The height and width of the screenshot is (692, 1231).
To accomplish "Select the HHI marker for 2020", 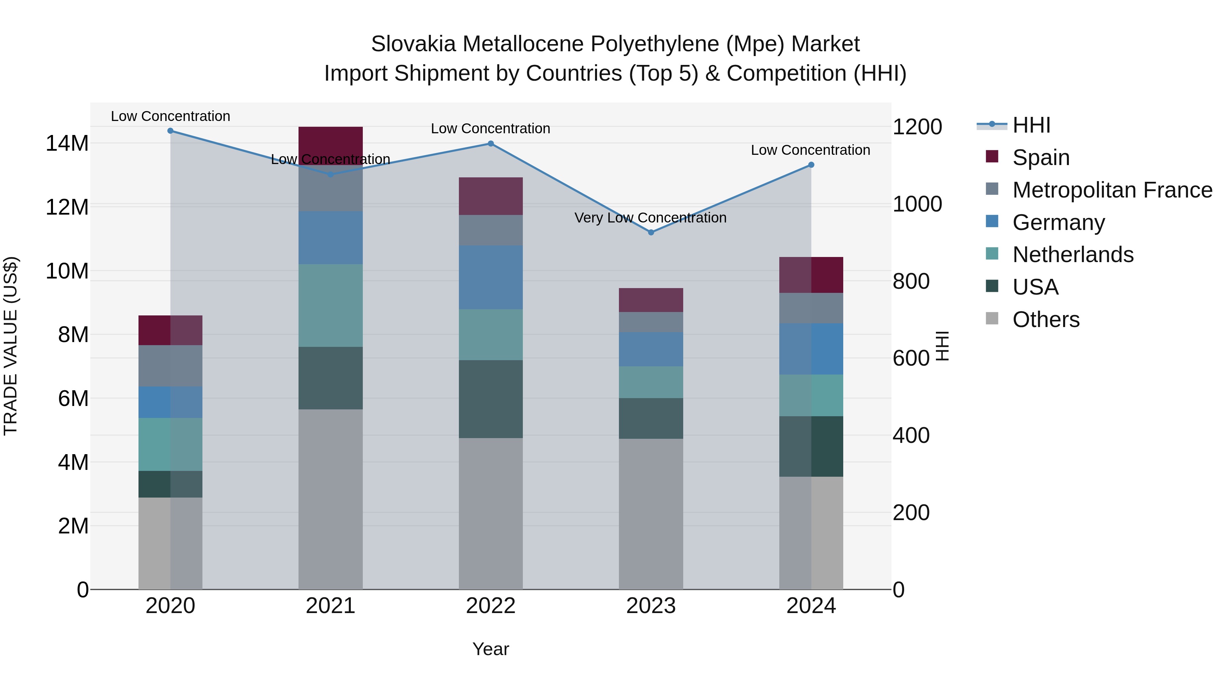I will click(x=170, y=131).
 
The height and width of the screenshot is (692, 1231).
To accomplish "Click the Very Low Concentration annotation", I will click(x=650, y=218).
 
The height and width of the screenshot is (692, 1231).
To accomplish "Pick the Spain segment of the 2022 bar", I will click(x=490, y=196).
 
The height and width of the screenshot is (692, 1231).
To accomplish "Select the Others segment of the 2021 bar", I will click(x=330, y=499).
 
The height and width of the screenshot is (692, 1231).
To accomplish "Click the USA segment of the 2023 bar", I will click(x=650, y=418).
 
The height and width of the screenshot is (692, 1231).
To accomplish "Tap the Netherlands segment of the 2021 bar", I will click(x=330, y=306).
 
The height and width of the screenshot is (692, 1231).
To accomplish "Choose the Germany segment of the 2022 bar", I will click(x=490, y=277).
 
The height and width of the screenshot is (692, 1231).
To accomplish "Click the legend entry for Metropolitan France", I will click(x=1112, y=190).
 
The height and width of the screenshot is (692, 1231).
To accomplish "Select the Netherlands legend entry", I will click(x=1072, y=255).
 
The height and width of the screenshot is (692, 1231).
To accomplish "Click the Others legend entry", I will click(x=1046, y=320).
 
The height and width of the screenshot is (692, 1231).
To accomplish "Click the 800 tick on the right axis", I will click(x=911, y=281).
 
